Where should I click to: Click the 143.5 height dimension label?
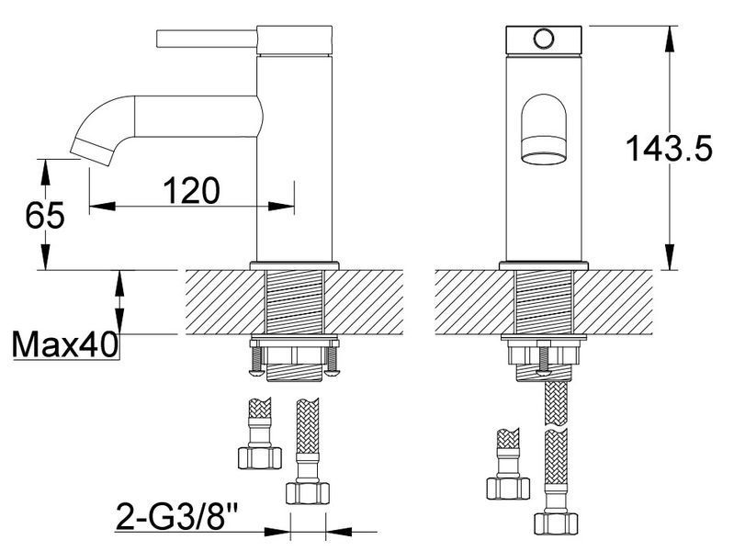669,149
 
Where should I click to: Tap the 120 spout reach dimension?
191,190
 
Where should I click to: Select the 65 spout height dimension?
45,216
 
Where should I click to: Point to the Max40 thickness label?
64,345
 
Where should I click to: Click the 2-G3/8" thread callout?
176,516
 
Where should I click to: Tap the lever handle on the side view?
207,39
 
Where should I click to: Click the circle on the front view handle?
544,39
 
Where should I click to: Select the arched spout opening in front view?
544,129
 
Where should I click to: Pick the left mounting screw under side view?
255,358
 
